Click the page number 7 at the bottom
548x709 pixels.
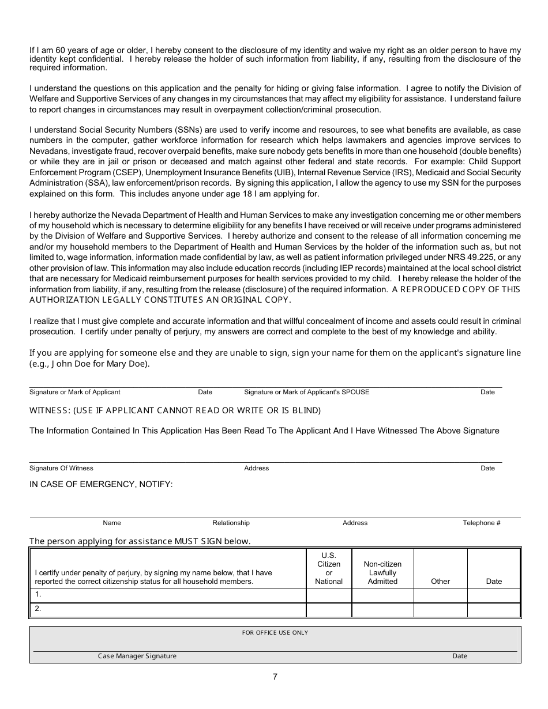pyautogui.click(x=275, y=677)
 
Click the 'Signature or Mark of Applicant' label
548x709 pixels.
pyautogui.click(x=75, y=392)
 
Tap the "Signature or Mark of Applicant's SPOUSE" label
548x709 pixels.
pyautogui.click(x=307, y=392)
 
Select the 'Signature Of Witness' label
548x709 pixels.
pyautogui.click(x=61, y=468)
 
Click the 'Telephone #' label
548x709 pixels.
pyautogui.click(x=482, y=523)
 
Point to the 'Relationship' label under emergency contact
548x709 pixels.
pyautogui.click(x=231, y=523)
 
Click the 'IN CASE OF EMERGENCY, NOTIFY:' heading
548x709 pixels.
pyautogui.click(x=101, y=484)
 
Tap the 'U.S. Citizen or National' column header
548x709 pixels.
pyautogui.click(x=329, y=568)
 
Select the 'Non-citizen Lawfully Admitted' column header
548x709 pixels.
pyautogui.click(x=382, y=573)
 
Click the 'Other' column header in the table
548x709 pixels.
pyautogui.click(x=440, y=582)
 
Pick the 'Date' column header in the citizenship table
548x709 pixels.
pyautogui.click(x=494, y=582)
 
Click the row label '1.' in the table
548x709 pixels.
pyautogui.click(x=38, y=594)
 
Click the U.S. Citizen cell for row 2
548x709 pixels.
pyautogui.click(x=329, y=609)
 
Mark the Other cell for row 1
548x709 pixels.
pyautogui.click(x=440, y=595)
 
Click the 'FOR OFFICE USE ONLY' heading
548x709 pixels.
pyautogui.click(x=275, y=632)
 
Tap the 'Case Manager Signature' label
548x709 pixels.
pyautogui.click(x=137, y=656)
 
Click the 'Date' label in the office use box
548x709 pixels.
pyautogui.click(x=460, y=656)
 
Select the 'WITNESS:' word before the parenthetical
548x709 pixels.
pyautogui.click(x=50, y=410)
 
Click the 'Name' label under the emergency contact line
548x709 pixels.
pyautogui.click(x=112, y=523)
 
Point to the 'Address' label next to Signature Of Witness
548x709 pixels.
pyautogui.click(x=257, y=468)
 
